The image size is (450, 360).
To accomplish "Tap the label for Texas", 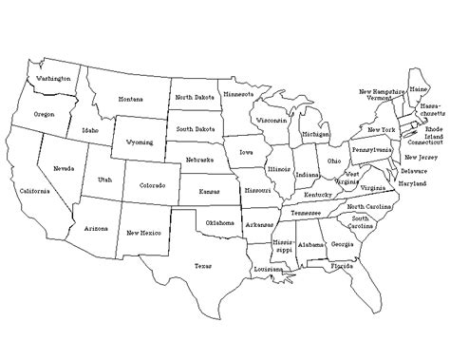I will point(203,267).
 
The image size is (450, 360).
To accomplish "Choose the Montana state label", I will point(131,99).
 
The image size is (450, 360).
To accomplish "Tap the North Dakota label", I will point(196,97).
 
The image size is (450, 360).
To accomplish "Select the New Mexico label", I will point(143,231).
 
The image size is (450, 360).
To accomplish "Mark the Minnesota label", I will point(237,94).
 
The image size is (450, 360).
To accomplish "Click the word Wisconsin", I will point(273,121).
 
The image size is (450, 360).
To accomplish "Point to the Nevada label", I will point(65,168).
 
